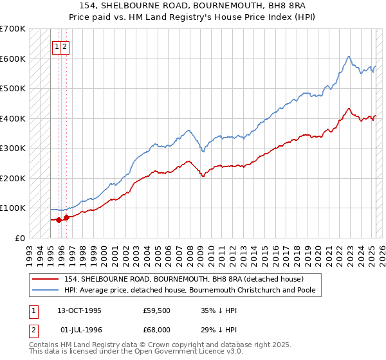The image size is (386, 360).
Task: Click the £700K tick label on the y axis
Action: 13,29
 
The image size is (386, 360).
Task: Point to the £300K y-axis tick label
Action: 13,148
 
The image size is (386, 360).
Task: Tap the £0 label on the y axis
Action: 20,238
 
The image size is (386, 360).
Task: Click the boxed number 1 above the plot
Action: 57,46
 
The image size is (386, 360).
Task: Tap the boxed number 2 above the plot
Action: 66,46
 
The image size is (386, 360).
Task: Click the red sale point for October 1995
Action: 59,220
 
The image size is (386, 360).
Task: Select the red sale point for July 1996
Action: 66,217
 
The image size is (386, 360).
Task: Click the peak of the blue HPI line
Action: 348,57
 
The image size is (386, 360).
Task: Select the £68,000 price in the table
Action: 156,329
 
